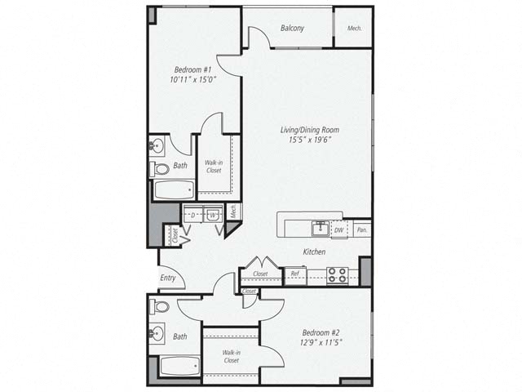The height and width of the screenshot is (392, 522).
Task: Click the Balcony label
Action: click(x=292, y=28)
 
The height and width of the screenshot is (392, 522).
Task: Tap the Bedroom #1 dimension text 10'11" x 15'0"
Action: click(x=193, y=80)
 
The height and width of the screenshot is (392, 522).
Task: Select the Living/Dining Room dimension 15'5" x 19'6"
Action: click(x=309, y=140)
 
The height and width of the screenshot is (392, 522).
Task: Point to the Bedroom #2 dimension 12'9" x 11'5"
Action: click(x=321, y=342)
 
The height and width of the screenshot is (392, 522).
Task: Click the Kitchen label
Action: click(x=314, y=252)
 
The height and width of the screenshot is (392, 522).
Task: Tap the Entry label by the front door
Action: click(x=168, y=278)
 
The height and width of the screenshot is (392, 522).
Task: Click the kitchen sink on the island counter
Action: click(x=321, y=229)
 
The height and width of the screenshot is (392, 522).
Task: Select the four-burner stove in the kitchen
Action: click(x=337, y=275)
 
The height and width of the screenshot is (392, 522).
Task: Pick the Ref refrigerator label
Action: click(x=294, y=274)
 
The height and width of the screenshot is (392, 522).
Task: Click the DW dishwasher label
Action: click(x=338, y=230)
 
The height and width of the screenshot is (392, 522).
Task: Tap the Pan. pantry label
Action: click(x=362, y=230)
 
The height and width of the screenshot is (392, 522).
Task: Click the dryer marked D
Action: click(x=193, y=215)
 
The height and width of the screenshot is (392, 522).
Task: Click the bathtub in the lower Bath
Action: click(x=179, y=366)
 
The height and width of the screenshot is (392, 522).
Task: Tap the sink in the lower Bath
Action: click(x=157, y=332)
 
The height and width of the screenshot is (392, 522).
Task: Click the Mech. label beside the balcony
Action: click(x=354, y=29)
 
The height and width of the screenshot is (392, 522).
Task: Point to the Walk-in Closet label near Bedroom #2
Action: click(x=231, y=356)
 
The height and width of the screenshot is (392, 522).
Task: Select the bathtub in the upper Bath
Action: click(x=174, y=189)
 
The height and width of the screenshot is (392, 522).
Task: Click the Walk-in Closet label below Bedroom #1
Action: click(x=214, y=167)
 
